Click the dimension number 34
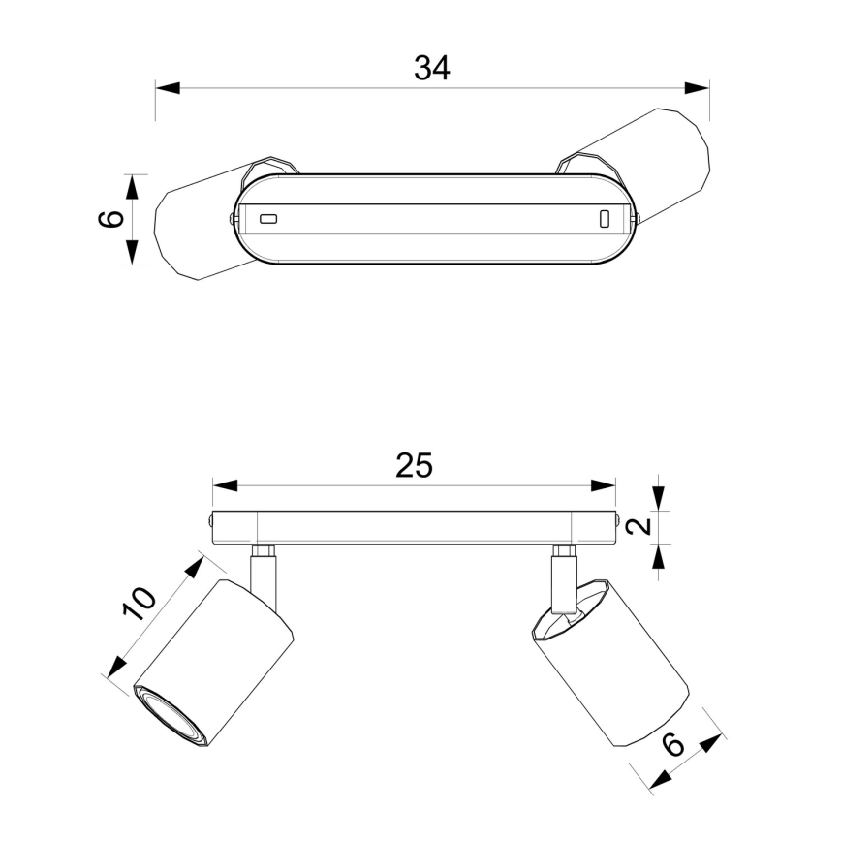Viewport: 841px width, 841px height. point(432,68)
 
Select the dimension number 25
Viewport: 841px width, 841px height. point(414,465)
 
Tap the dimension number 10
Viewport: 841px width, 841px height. point(139,604)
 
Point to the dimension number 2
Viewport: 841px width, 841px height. point(639,527)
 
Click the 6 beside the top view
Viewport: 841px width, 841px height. point(111,219)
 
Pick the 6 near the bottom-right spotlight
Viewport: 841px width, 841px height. point(673,744)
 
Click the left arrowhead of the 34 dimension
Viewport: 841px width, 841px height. point(168,88)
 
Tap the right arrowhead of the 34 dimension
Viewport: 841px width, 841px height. point(697,88)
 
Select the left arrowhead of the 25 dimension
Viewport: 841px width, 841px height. point(225,486)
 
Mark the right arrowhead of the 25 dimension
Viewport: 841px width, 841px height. point(603,486)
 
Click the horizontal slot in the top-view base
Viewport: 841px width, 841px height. point(268,219)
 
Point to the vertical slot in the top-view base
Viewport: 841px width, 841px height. point(605,219)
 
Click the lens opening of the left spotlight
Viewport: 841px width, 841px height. point(169,717)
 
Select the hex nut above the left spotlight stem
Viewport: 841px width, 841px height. point(264,551)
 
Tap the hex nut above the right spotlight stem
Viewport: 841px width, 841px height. point(564,551)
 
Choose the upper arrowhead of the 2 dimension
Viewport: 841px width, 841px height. point(659,498)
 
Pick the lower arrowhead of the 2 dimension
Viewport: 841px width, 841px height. point(659,556)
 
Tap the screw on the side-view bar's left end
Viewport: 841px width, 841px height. point(209,519)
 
